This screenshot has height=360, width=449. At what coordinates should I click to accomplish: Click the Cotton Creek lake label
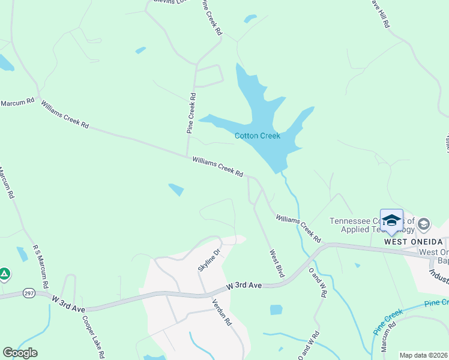click(x=257, y=136)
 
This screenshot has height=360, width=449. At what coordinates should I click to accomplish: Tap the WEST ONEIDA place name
click(x=410, y=241)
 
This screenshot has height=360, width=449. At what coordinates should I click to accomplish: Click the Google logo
click(x=20, y=353)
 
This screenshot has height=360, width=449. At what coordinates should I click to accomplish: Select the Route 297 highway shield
click(x=29, y=293)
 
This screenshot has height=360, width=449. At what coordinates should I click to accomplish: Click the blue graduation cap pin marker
click(x=391, y=221)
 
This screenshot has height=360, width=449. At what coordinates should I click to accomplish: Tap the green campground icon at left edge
click(x=4, y=274)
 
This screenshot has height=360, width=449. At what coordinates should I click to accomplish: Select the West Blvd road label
click(x=276, y=263)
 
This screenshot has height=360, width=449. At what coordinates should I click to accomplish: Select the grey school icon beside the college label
click(x=424, y=224)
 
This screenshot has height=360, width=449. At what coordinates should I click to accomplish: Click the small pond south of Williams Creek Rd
click(x=176, y=190)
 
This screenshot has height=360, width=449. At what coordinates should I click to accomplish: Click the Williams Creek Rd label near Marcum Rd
click(x=64, y=115)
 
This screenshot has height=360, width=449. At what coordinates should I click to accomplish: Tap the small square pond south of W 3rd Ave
click(x=276, y=310)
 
